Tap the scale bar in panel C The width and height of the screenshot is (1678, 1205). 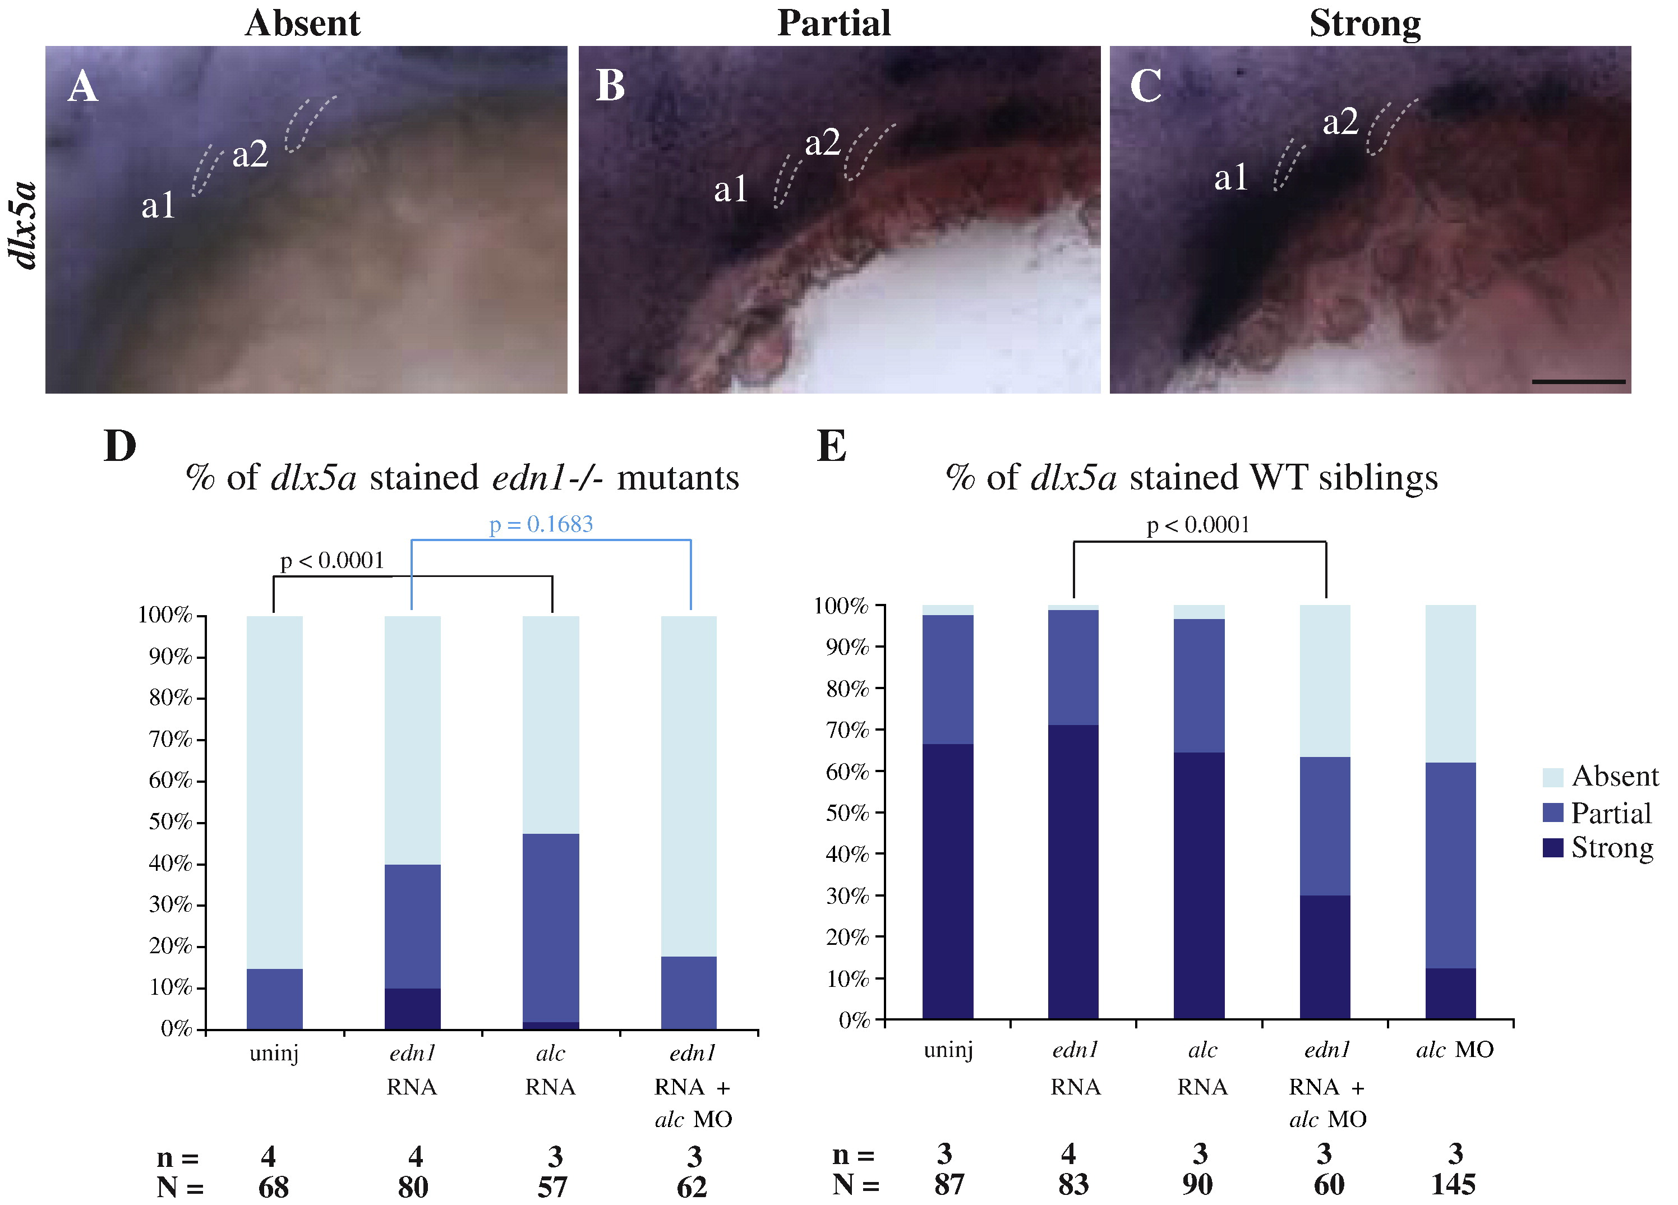[x=1578, y=382]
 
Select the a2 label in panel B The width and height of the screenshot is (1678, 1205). [x=822, y=143]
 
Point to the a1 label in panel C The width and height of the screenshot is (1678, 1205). [x=1230, y=178]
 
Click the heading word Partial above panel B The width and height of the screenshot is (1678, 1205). [x=834, y=23]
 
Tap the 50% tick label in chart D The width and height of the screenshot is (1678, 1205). [x=169, y=822]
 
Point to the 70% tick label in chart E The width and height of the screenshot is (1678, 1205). [x=847, y=730]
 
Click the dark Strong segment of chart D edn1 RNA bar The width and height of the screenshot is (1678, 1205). [x=412, y=1008]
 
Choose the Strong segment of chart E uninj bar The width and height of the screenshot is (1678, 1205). [x=948, y=881]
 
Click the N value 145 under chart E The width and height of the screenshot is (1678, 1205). [x=1453, y=1184]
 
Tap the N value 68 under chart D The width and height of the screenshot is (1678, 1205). [x=273, y=1187]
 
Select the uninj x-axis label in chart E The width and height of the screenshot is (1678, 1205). [x=948, y=1050]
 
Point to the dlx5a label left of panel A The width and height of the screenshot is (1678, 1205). [x=22, y=225]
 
